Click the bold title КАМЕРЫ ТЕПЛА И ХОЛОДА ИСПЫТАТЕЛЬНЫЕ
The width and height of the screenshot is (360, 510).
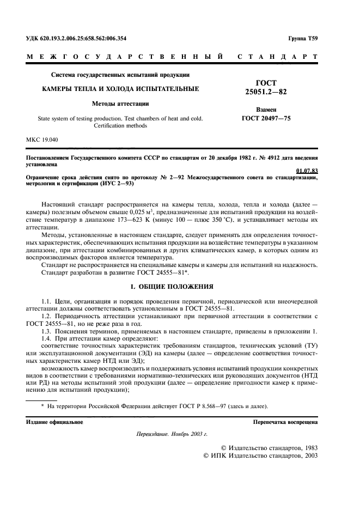pos(120,88)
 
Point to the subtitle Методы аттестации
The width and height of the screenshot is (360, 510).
pos(120,103)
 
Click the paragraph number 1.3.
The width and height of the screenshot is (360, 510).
pos(48,332)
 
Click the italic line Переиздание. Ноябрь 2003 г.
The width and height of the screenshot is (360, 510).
pos(172,435)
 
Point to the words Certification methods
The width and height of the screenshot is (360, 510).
pos(120,125)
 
